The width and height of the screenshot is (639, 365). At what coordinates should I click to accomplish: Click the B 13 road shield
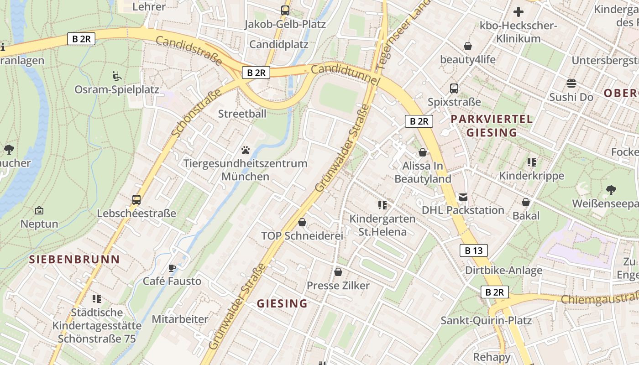point(473,250)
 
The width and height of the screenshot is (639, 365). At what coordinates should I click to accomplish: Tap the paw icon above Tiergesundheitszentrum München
point(246,150)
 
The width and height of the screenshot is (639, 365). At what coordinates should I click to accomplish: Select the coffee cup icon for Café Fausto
point(172,268)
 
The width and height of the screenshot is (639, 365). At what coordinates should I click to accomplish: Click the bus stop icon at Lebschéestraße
point(136,199)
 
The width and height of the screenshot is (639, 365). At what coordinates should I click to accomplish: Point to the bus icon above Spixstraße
point(454,89)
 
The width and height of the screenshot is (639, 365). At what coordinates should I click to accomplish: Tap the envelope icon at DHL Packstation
point(463,197)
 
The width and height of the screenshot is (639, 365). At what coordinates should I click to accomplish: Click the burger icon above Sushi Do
point(571,83)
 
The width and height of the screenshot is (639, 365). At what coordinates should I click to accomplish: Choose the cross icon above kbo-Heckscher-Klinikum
point(519,12)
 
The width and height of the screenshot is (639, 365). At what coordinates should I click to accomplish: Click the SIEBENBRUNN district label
point(74,260)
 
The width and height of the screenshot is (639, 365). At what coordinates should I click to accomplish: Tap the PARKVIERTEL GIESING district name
point(492,126)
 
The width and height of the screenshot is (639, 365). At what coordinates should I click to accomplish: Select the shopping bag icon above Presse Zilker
point(338,272)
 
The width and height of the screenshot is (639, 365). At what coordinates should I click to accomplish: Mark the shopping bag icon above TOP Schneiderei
point(302,222)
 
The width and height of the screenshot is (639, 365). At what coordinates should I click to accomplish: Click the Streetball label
point(242,114)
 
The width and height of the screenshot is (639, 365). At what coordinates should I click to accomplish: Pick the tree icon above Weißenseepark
point(611,190)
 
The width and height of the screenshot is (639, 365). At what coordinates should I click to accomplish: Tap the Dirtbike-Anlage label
point(503,270)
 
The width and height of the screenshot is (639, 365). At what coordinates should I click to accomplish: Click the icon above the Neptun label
point(39,210)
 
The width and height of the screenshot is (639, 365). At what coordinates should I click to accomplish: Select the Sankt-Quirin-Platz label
point(486,320)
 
